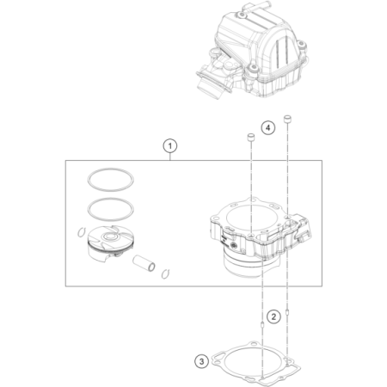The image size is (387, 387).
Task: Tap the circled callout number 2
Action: (272, 316)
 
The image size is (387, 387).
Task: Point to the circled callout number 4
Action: (268, 127)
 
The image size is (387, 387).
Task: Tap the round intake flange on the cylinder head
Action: (210, 85)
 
